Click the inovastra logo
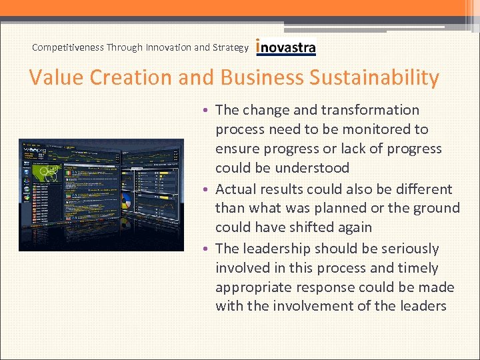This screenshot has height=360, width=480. click(x=286, y=47)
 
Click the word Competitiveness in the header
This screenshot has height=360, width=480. click(x=67, y=47)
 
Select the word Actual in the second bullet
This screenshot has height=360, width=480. click(x=236, y=189)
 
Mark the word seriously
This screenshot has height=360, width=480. click(x=404, y=249)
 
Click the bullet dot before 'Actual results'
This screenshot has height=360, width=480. click(x=207, y=190)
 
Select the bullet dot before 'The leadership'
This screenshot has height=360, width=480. click(x=207, y=249)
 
